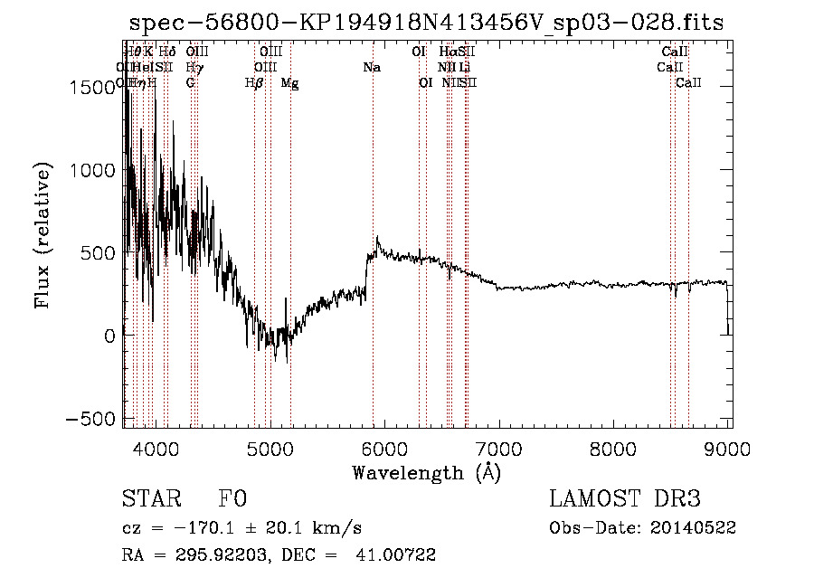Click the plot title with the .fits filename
pyautogui.click(x=426, y=23)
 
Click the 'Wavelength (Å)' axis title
pyautogui.click(x=426, y=472)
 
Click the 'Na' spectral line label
pyautogui.click(x=372, y=68)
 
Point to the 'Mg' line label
pyautogui.click(x=289, y=83)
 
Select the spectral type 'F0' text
pyautogui.click(x=232, y=499)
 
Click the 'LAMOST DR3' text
pyautogui.click(x=625, y=499)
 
